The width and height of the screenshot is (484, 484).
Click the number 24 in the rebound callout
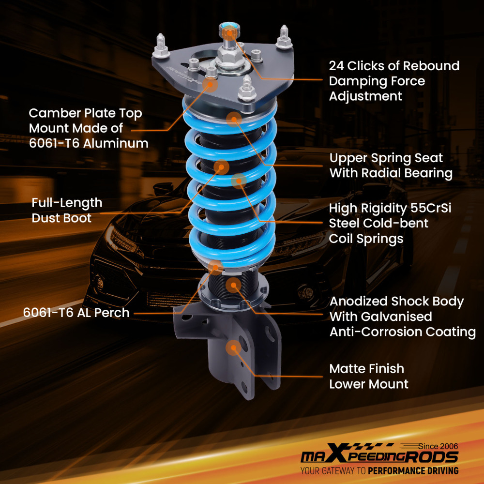(337, 66)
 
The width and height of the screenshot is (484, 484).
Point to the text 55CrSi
(434, 208)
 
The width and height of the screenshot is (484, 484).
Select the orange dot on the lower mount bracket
(233, 347)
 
